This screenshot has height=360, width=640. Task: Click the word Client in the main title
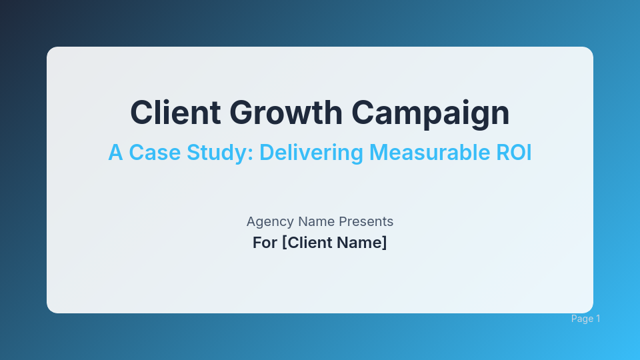[175, 112]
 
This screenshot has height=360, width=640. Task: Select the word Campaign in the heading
[431, 112]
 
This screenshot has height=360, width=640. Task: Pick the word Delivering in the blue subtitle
[310, 153]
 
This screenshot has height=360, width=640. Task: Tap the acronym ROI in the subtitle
[515, 153]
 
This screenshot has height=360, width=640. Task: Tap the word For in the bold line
[265, 243]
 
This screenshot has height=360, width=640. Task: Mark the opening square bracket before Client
[284, 243]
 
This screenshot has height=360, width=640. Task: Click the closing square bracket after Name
[384, 243]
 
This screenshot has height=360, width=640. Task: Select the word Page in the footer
[582, 319]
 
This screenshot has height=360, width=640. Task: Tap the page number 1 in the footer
[598, 319]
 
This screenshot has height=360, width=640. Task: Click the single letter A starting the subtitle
[115, 153]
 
